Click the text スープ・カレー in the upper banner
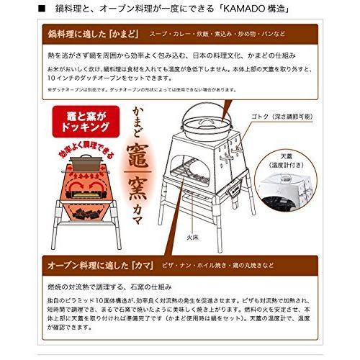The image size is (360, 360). (x=168, y=34)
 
